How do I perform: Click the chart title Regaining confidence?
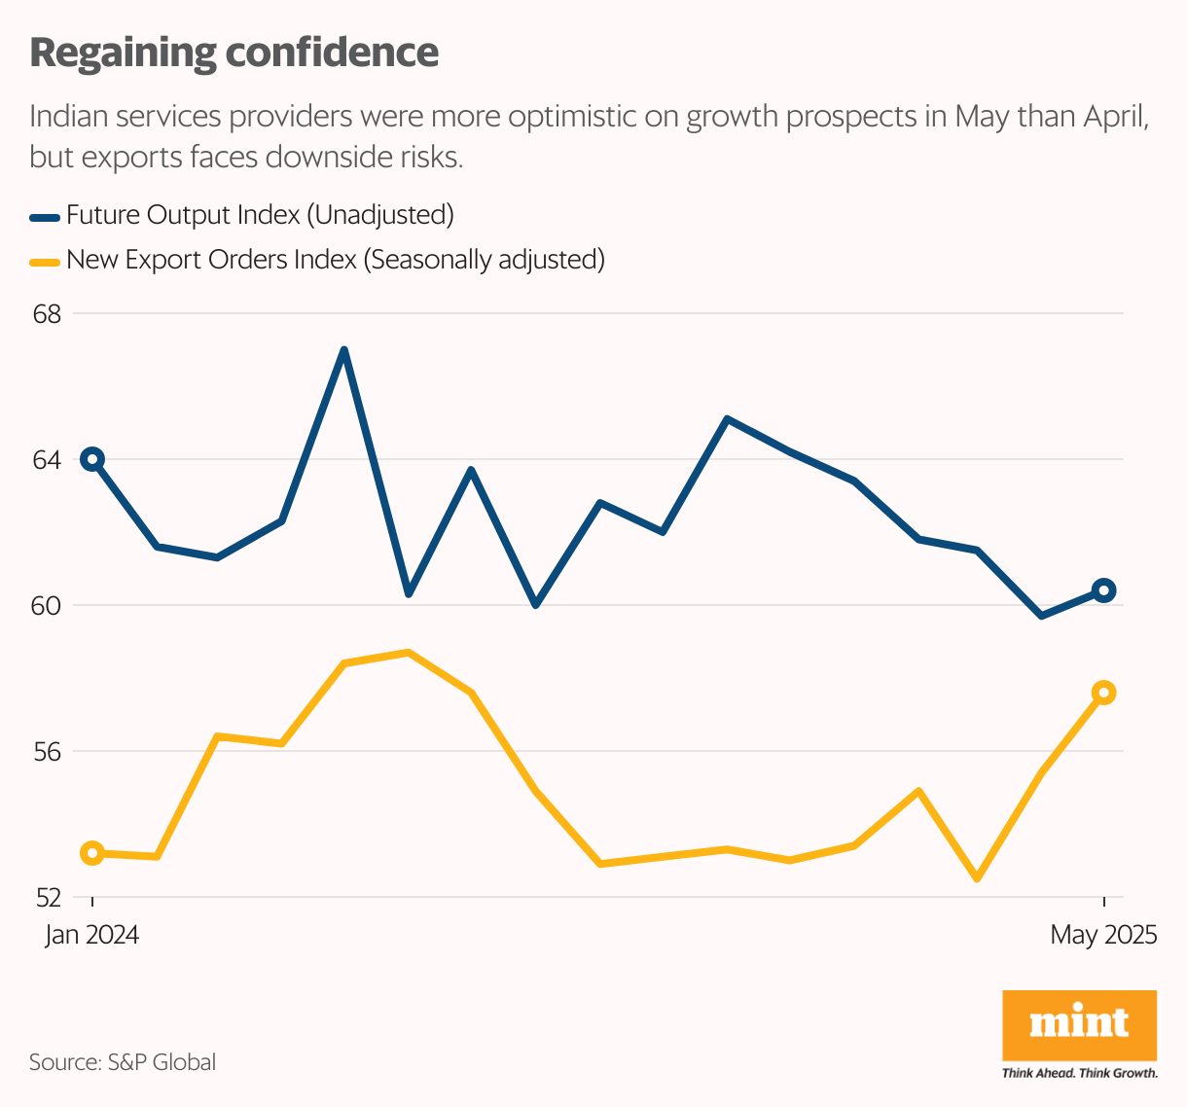click(234, 53)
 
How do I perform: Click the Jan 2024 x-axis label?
click(92, 936)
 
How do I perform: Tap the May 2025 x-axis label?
click(1103, 936)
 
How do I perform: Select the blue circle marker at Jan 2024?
click(92, 459)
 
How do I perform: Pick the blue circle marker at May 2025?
click(1103, 589)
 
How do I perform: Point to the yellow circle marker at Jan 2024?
click(92, 853)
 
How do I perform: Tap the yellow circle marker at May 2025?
click(1103, 693)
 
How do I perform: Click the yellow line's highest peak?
click(409, 653)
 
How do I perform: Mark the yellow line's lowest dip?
click(977, 878)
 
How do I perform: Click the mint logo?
click(1079, 1024)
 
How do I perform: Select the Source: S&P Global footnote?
click(123, 1062)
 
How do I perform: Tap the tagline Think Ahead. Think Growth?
click(1079, 1073)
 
